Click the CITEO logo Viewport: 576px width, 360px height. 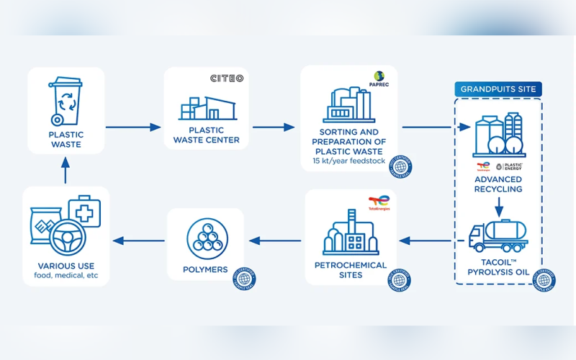(226, 78)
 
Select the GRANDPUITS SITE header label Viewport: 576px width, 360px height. (498, 89)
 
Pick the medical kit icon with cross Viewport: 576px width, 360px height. (84, 213)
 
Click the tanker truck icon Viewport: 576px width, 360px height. (498, 235)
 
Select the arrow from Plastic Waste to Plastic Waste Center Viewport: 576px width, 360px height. (133, 127)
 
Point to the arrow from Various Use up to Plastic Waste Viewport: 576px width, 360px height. (66, 171)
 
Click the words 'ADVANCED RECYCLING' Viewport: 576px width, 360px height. (498, 184)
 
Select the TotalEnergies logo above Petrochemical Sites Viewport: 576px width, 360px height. (379, 203)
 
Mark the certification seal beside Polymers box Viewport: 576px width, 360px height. (244, 278)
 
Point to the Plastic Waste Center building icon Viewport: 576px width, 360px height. (207, 108)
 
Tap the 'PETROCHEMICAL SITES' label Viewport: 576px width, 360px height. (351, 270)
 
